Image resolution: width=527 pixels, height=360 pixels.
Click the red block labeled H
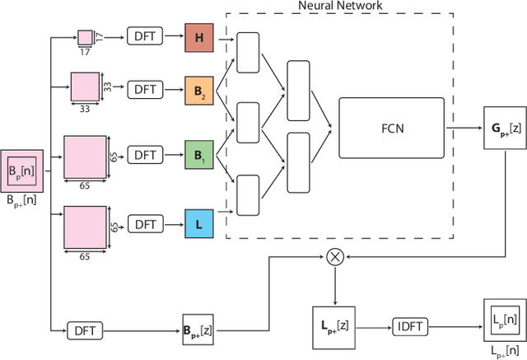tap(198, 38)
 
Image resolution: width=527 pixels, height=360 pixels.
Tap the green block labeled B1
tap(198, 154)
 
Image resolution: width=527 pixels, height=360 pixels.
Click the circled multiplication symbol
tap(334, 256)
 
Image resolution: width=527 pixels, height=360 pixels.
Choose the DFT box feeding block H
tap(145, 38)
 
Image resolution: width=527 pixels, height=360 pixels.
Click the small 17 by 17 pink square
tap(85, 37)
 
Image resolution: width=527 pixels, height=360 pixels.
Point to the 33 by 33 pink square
tap(84, 86)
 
